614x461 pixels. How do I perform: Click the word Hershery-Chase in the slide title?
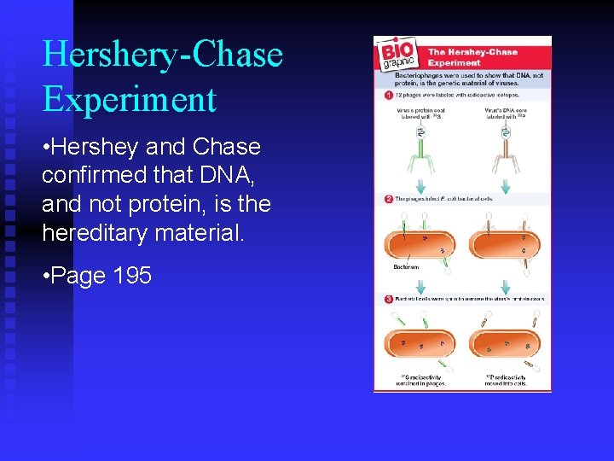(162, 55)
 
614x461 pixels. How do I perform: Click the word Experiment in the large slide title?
(129, 99)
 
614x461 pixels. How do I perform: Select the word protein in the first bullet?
(174, 204)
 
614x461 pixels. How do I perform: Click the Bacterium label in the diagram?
(406, 267)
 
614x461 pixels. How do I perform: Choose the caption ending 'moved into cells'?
(507, 381)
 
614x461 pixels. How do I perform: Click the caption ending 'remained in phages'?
(423, 381)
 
